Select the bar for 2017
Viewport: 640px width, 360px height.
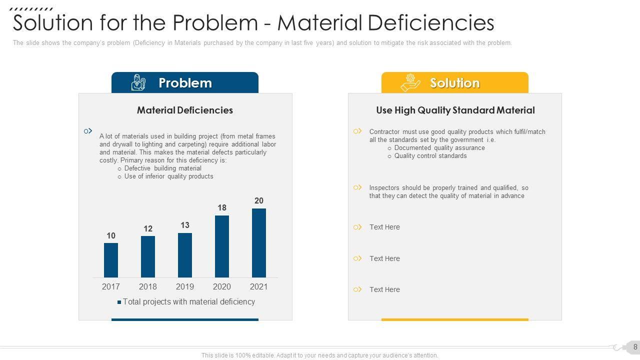coord(111,260)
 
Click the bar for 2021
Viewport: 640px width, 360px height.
coord(259,243)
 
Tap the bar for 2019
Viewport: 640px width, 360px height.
coord(185,255)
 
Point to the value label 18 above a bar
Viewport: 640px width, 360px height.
coord(222,207)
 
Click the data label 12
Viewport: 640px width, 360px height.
coord(148,228)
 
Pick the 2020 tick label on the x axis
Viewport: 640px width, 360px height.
coord(222,286)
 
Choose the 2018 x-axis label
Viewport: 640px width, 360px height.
coord(148,286)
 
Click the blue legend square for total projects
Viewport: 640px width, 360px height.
coord(119,302)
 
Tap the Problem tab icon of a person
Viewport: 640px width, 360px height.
coord(138,82)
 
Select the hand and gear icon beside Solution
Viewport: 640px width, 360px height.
coord(410,82)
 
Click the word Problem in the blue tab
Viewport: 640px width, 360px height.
coord(185,83)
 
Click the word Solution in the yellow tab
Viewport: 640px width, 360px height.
coord(454,83)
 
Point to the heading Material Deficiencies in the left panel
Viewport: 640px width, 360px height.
coord(185,110)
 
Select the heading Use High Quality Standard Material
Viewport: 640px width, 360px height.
coord(455,110)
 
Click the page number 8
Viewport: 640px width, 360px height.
coord(635,346)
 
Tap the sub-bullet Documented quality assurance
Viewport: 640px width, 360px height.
coord(439,148)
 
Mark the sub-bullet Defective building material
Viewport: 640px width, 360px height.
coord(162,168)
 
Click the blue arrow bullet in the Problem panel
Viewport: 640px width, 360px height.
coord(88,131)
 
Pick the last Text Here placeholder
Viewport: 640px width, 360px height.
coord(384,289)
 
